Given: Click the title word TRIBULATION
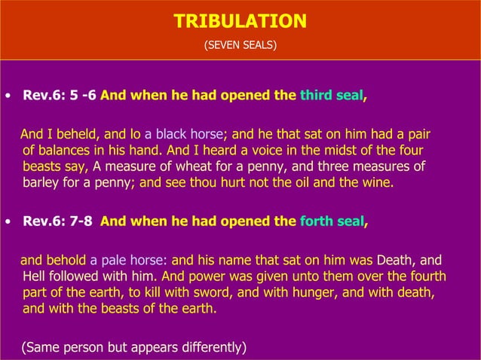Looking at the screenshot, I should coord(240,21).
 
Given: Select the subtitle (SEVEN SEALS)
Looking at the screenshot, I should coord(240,46).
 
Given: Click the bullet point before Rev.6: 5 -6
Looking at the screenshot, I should coord(7,97).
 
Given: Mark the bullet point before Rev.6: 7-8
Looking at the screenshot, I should coord(7,222).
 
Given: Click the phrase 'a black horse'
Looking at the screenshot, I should coord(184,135).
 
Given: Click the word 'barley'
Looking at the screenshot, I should coord(41,182).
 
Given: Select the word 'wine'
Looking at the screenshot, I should coord(376,182).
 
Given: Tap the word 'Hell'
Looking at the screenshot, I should coord(35,276).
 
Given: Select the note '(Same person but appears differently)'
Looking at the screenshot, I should coord(133,347).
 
